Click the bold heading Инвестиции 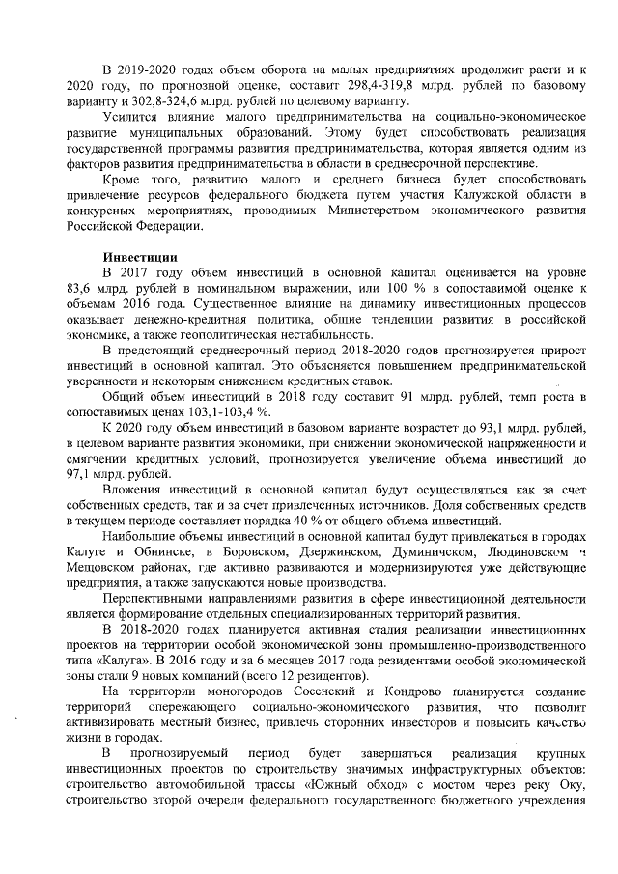click(139, 257)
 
